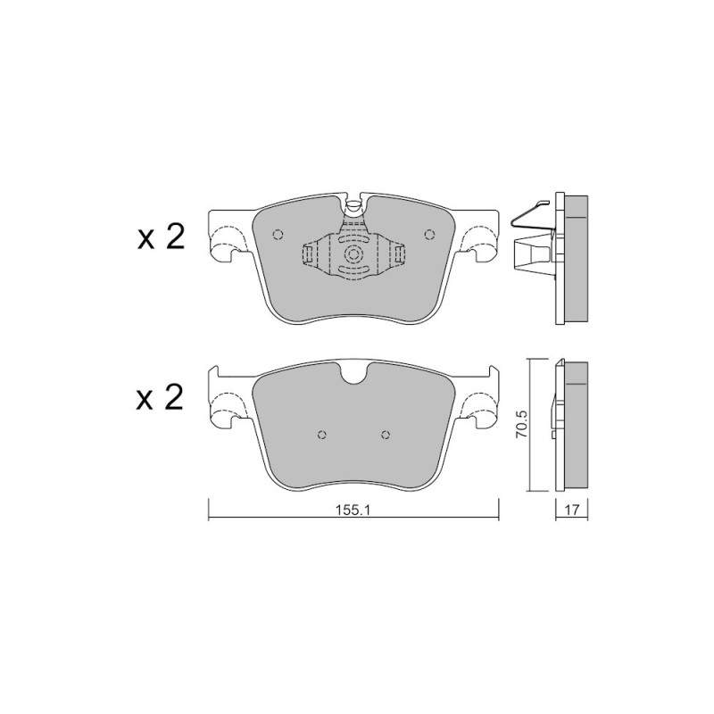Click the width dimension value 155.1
(x=353, y=510)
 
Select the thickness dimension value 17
(x=572, y=510)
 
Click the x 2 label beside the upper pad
(x=161, y=237)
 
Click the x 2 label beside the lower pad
(x=160, y=397)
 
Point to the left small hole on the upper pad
(x=278, y=235)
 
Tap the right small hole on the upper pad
(x=429, y=235)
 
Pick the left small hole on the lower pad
(x=322, y=435)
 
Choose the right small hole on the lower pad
(x=386, y=435)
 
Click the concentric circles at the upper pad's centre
(x=353, y=255)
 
